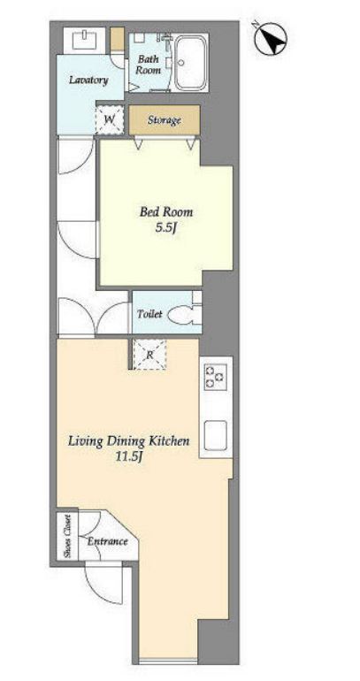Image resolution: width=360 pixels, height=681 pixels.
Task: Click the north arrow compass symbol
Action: point(270,39)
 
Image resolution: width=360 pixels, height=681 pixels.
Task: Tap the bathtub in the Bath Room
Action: point(191,64)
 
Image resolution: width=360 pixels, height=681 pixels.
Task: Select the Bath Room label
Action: point(148,65)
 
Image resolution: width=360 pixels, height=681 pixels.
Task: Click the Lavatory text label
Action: point(88,80)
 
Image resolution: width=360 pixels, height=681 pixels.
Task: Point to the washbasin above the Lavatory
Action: point(84,40)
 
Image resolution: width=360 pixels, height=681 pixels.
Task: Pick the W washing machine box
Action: point(110,119)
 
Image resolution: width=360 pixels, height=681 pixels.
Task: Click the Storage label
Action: point(164,120)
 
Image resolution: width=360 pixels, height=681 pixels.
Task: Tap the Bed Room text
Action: point(165,212)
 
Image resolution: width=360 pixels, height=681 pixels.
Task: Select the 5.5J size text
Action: point(165,227)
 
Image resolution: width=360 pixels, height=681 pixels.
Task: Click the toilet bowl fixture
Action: point(185,315)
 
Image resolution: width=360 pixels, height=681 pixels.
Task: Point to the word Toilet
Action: point(149,314)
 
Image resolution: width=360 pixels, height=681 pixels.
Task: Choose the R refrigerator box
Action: point(149,355)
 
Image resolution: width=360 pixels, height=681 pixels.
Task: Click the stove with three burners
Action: point(216,377)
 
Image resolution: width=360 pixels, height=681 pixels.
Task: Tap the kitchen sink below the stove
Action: point(216,436)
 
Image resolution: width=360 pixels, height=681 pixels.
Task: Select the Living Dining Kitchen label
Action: point(128,441)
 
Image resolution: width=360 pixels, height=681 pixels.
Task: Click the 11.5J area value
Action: point(128,457)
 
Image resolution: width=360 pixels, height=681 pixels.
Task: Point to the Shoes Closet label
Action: point(67,537)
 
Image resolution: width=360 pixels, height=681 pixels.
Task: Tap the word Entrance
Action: point(108,541)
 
